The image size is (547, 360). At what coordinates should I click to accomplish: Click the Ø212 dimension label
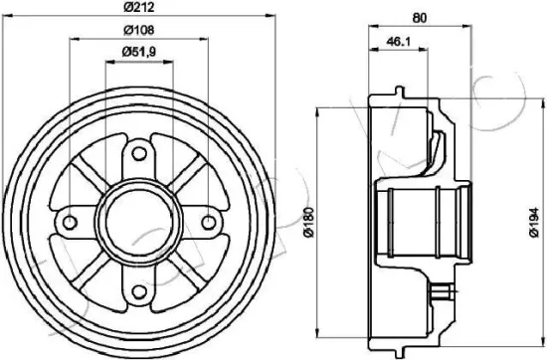click(139, 7)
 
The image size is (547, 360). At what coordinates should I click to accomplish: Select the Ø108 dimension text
click(139, 31)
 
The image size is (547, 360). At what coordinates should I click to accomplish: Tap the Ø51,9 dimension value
click(139, 52)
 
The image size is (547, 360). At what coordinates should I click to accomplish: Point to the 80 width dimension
click(420, 18)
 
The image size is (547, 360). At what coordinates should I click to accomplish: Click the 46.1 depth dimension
click(399, 42)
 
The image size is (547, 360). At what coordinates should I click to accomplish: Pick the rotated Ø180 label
click(309, 222)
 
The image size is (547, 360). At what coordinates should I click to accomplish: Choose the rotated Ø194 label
click(534, 222)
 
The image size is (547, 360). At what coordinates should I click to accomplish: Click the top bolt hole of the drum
click(139, 153)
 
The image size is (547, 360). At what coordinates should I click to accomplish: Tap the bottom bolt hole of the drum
click(139, 291)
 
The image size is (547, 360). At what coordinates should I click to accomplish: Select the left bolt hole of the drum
click(71, 222)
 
